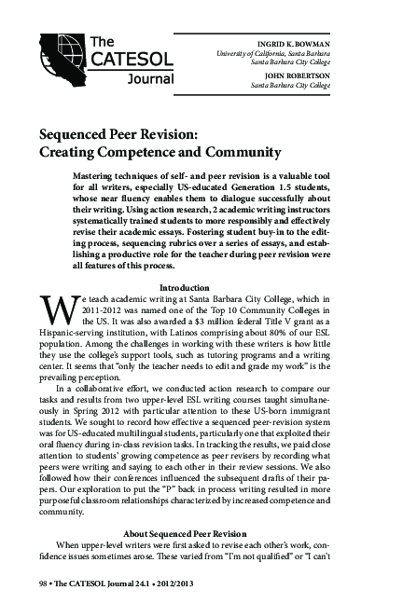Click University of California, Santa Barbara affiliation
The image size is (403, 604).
tap(312, 53)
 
